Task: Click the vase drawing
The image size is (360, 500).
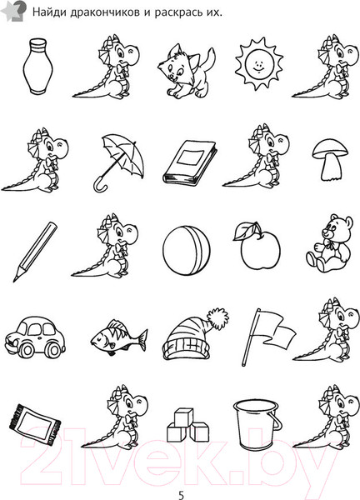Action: pyautogui.click(x=37, y=67)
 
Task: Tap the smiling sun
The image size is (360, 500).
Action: pyautogui.click(x=259, y=64)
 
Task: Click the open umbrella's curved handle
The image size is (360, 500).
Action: pyautogui.click(x=100, y=186)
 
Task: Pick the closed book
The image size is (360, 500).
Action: pyautogui.click(x=190, y=162)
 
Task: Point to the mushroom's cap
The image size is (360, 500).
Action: pyautogui.click(x=330, y=149)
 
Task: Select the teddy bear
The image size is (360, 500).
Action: pyautogui.click(x=330, y=243)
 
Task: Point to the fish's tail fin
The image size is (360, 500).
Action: pyautogui.click(x=142, y=340)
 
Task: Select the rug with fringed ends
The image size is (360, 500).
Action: pyautogui.click(x=34, y=424)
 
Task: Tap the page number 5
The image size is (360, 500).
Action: pyautogui.click(x=181, y=495)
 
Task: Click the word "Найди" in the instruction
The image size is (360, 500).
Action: pyautogui.click(x=49, y=12)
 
